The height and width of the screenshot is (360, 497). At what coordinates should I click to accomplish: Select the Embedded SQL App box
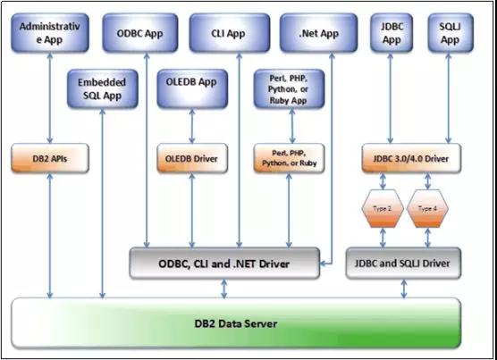tap(102, 88)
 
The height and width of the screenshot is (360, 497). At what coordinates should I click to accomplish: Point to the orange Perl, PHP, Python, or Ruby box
tap(290, 158)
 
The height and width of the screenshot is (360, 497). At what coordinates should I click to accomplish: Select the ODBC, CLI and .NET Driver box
tap(227, 264)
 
